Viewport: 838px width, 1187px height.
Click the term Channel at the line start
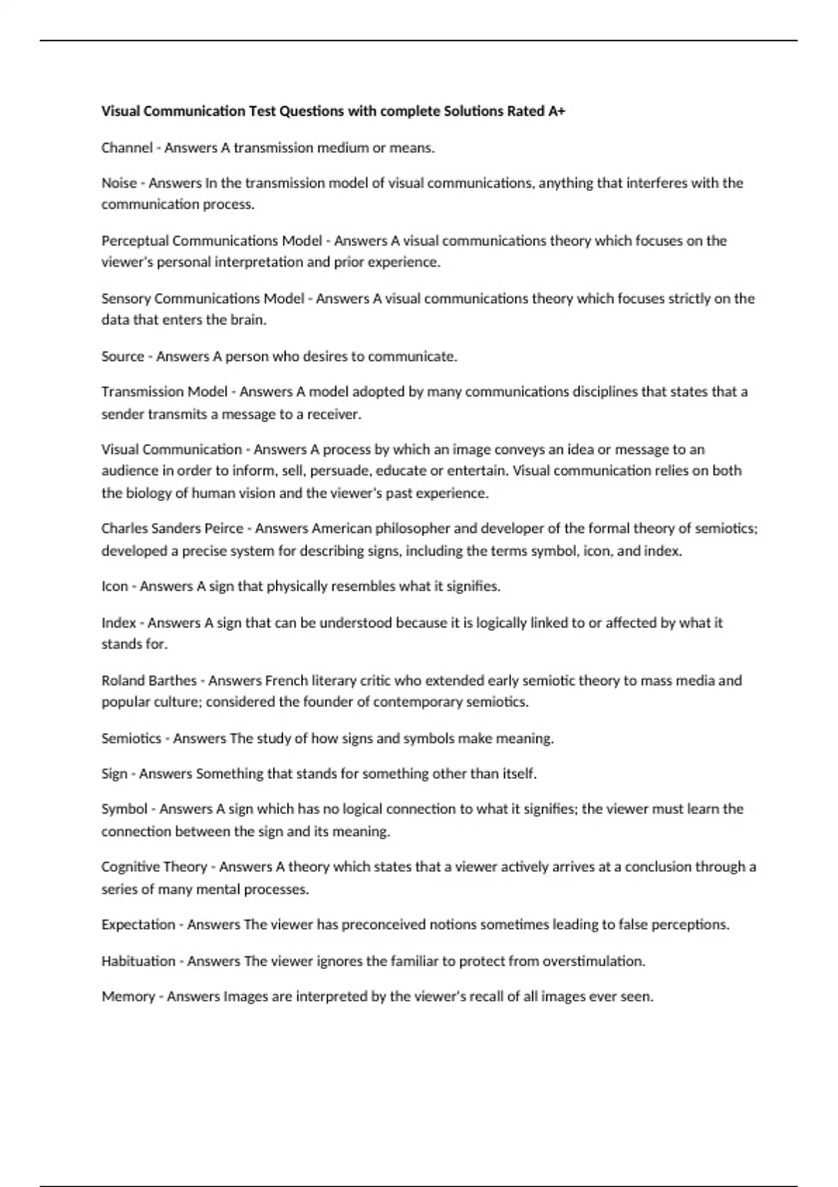[126, 147]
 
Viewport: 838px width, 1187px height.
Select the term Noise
[119, 183]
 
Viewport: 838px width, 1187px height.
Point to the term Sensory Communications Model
[203, 299]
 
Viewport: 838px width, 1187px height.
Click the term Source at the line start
[122, 357]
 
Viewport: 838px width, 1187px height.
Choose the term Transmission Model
[164, 392]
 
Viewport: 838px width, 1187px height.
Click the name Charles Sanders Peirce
[172, 529]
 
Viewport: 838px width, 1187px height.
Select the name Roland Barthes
[149, 681]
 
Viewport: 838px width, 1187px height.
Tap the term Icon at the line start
[115, 587]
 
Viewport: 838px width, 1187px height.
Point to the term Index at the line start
[119, 623]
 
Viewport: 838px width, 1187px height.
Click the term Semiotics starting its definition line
[131, 739]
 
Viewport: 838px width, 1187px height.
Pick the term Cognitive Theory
[154, 867]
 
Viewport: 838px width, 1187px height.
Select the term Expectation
[138, 925]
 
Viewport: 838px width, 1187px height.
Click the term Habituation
[138, 961]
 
